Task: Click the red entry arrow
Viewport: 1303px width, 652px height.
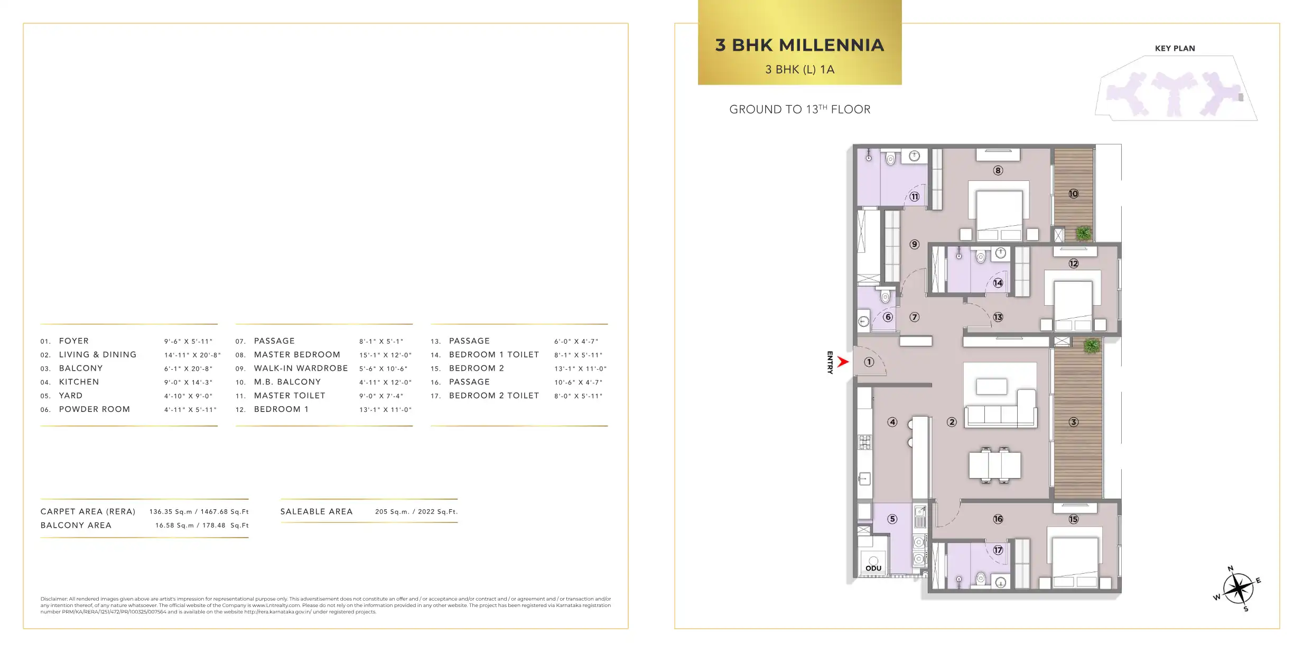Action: tap(843, 362)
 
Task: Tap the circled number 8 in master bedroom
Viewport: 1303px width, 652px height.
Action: tap(998, 170)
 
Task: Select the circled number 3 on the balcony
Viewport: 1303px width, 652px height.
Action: tap(1073, 422)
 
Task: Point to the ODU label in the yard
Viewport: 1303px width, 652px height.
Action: tap(873, 568)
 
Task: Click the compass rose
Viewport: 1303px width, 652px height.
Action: tap(1237, 589)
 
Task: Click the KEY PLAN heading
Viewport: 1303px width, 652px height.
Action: tap(1175, 48)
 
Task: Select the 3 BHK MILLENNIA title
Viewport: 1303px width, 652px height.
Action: tap(799, 45)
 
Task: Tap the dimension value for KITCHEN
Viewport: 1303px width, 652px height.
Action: tap(188, 382)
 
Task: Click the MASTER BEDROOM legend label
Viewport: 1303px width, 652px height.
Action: tap(297, 355)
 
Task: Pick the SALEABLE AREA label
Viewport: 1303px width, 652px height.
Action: tap(317, 512)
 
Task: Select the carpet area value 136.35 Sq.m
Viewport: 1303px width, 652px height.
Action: tap(171, 512)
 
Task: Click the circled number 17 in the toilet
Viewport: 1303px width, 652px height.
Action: tap(998, 550)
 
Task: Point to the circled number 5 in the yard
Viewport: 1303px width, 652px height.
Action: tap(892, 519)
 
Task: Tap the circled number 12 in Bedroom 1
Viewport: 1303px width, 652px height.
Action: tap(1073, 263)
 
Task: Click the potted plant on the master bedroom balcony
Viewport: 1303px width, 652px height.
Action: tap(1083, 233)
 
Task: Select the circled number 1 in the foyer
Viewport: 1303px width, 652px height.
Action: tap(869, 362)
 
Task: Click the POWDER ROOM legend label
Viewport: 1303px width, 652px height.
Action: tap(95, 409)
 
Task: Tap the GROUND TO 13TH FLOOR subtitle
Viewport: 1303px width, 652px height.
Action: tap(799, 109)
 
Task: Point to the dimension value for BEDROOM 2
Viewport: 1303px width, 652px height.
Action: tap(580, 369)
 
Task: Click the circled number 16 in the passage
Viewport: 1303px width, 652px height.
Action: tap(998, 519)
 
